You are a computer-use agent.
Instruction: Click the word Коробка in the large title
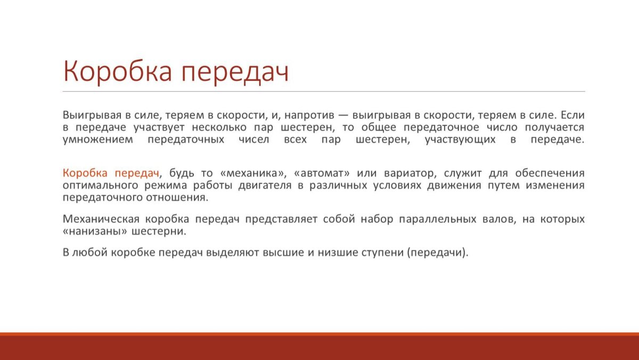[118, 71]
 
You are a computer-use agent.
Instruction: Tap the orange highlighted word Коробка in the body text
[85, 173]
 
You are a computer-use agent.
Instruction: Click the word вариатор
[411, 173]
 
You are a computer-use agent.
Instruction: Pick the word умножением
[98, 140]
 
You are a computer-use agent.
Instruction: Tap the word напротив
[309, 116]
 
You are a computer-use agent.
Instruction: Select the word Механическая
[101, 219]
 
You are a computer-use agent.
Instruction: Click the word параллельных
[438, 219]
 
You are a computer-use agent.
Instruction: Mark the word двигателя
[265, 185]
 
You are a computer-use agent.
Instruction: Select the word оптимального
[100, 186]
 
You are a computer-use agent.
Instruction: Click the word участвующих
[460, 140]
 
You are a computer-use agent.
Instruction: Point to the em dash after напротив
[343, 116]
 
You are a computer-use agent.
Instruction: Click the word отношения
[177, 198]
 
